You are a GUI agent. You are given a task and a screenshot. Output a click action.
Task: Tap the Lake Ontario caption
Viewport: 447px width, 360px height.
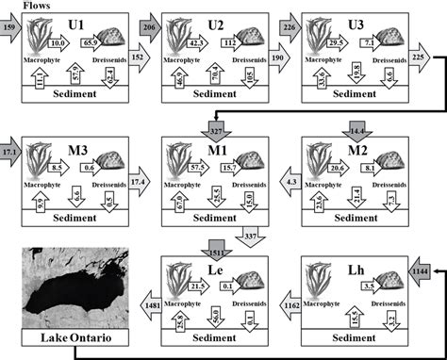point(66,336)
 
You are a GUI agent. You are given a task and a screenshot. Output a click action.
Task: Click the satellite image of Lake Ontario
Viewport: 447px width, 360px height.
point(66,283)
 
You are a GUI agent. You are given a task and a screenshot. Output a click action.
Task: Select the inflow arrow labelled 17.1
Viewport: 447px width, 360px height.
point(9,151)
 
